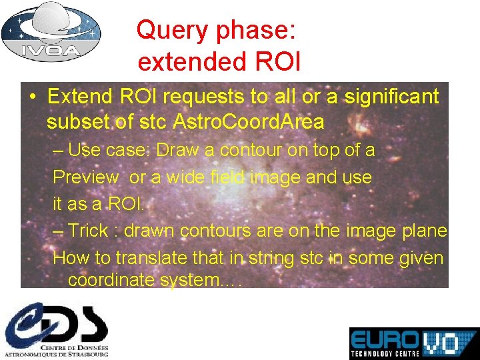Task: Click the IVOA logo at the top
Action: pos(51,31)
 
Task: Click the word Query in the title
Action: pos(165,30)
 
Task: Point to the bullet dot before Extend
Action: pos(33,97)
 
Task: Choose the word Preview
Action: pos(85,177)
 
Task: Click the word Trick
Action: pos(88,231)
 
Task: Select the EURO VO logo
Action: pos(413,340)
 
